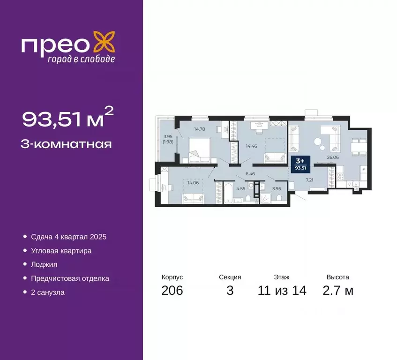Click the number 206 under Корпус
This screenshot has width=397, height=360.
tap(172, 291)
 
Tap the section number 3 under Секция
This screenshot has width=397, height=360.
tap(230, 291)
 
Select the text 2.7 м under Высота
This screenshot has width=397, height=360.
tap(338, 291)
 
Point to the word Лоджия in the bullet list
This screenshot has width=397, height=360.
tap(44, 264)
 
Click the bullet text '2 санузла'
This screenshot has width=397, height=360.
tap(48, 292)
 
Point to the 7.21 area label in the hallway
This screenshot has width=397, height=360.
tap(309, 180)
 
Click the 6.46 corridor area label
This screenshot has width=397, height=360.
tap(251, 173)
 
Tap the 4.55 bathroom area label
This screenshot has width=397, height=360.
tap(240, 189)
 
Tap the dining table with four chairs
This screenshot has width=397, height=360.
tap(360, 146)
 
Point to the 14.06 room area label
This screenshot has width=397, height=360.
tap(193, 183)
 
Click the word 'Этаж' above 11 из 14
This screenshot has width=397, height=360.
tap(282, 277)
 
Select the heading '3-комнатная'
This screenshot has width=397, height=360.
tap(67, 144)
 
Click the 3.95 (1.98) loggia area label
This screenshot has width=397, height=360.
tap(168, 139)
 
